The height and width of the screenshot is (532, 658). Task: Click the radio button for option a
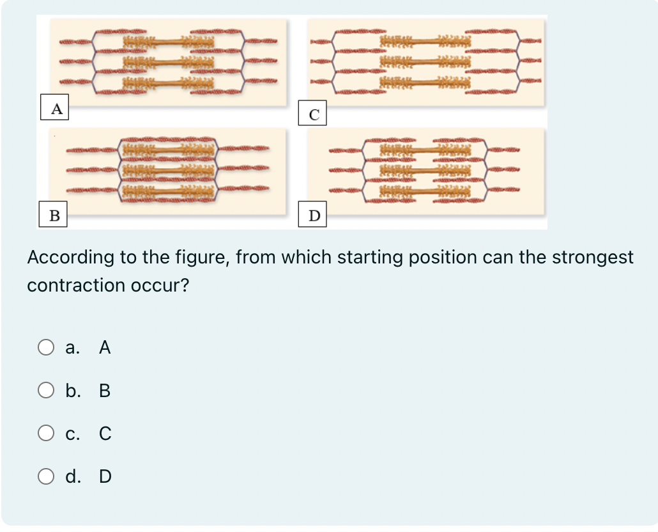tap(45, 348)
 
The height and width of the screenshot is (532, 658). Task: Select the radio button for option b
tap(45, 391)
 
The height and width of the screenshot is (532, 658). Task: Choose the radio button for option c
tap(45, 434)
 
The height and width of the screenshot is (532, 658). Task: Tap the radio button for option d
tap(45, 476)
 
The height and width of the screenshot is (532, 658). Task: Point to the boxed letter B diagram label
tap(55, 215)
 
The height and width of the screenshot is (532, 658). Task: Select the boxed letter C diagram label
tap(314, 114)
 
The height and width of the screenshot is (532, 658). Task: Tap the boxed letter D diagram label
tap(314, 215)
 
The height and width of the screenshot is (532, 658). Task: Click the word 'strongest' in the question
tap(592, 258)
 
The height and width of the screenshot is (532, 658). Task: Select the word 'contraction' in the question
tap(76, 285)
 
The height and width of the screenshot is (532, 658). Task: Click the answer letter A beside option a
tap(105, 348)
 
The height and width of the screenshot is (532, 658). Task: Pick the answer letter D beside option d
tap(105, 476)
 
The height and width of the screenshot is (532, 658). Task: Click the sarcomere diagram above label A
tap(168, 62)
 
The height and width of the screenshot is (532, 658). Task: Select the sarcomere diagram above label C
tap(426, 62)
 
